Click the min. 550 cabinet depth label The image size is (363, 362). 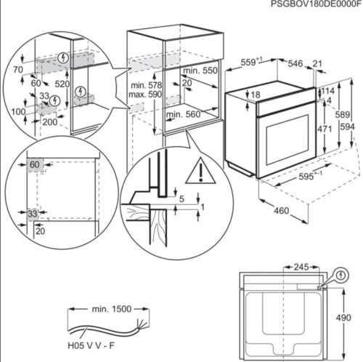[x=200, y=71]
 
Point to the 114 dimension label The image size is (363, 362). [x=327, y=91]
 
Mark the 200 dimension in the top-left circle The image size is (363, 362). [x=49, y=122]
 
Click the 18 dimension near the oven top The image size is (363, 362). [x=255, y=94]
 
